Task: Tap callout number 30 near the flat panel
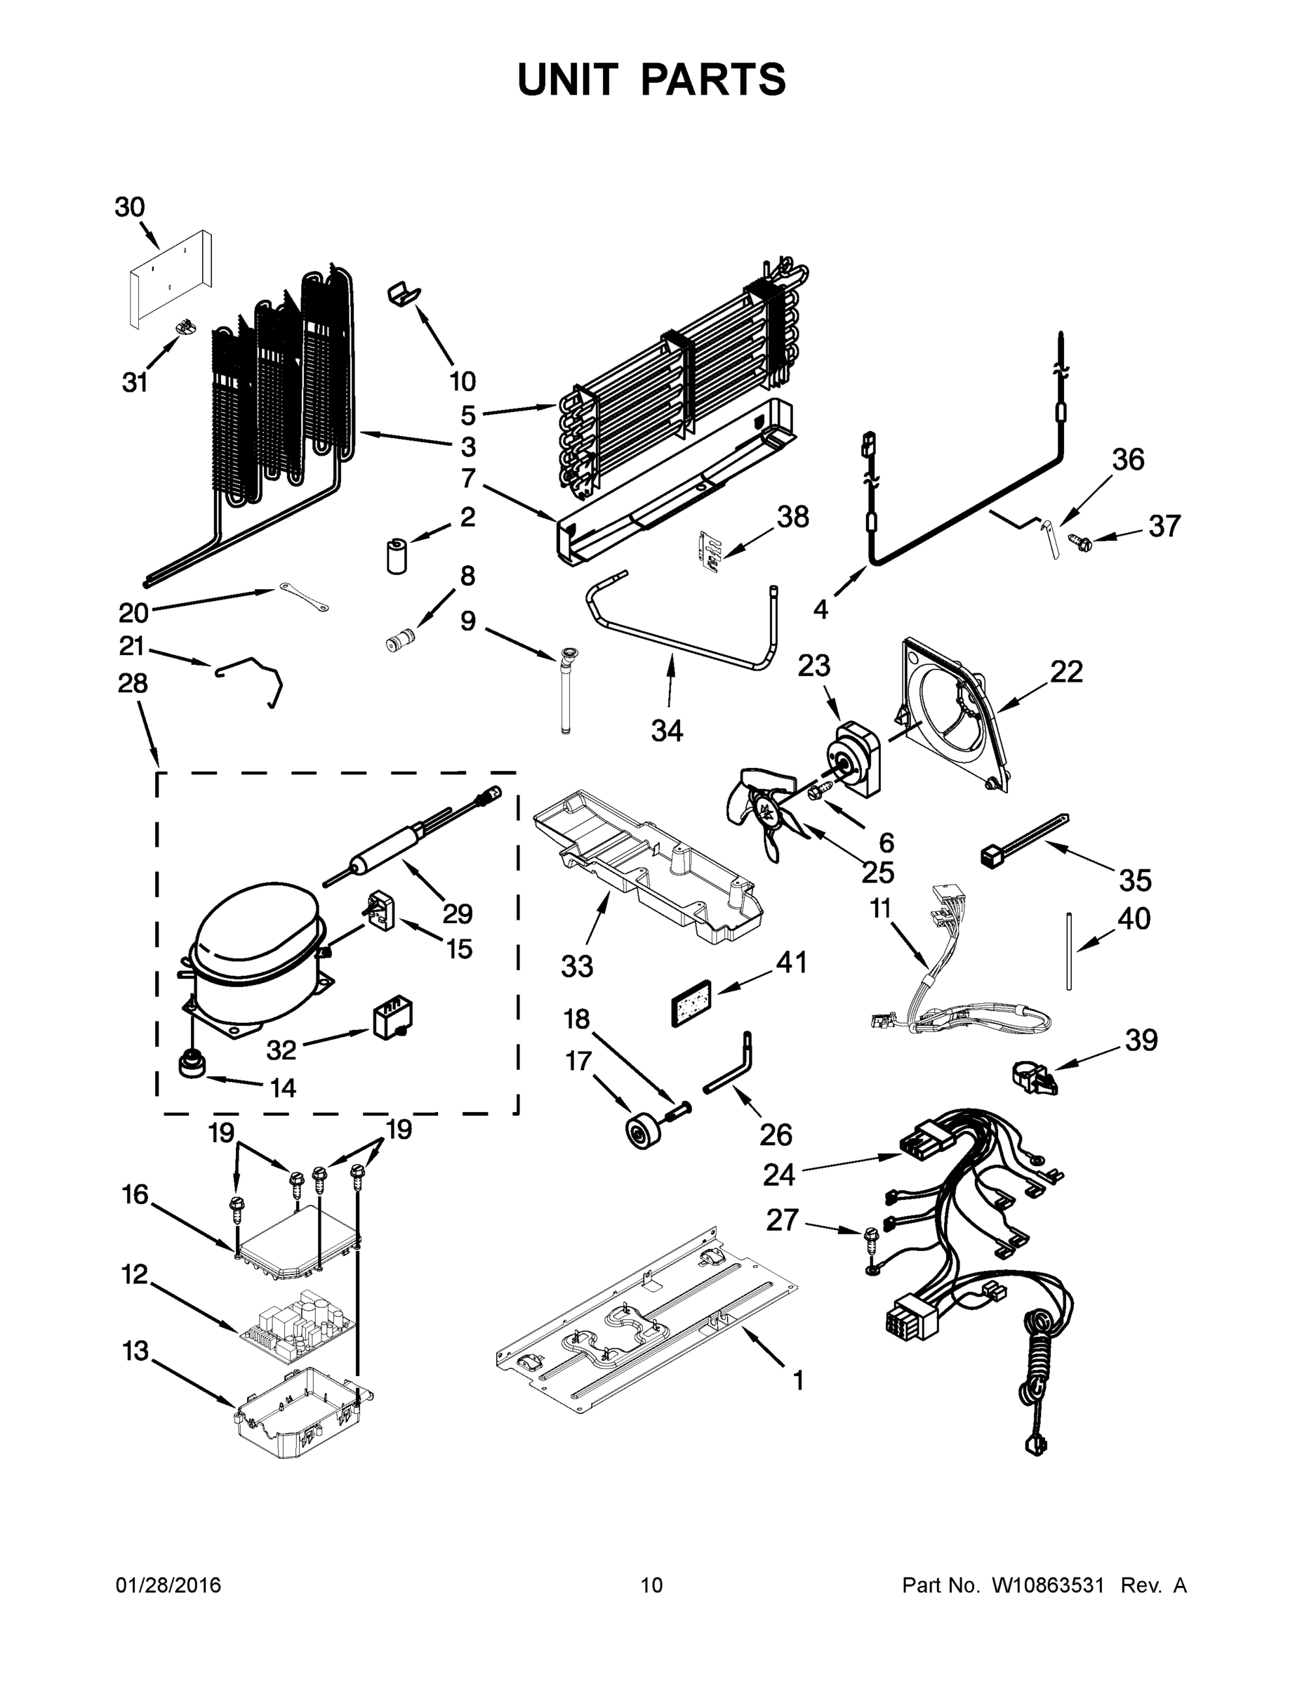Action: point(130,208)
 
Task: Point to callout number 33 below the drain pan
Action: point(577,965)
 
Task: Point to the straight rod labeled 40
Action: point(1070,951)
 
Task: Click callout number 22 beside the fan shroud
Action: point(1066,672)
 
